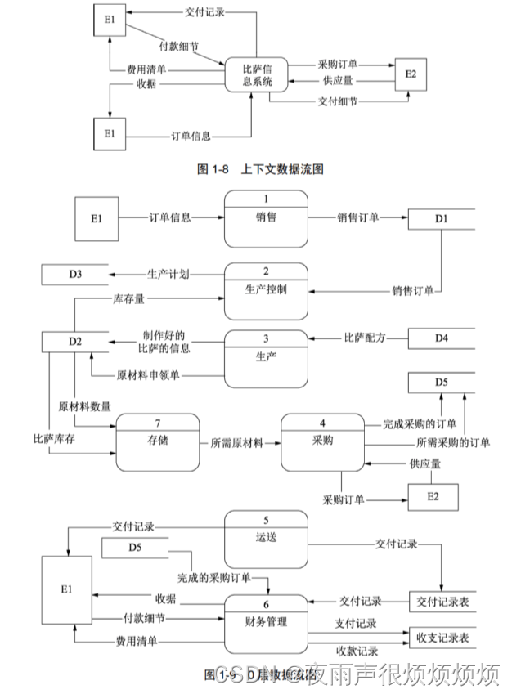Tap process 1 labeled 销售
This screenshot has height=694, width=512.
pyautogui.click(x=266, y=218)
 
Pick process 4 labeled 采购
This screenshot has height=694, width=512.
pyautogui.click(x=323, y=441)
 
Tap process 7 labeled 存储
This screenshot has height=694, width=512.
pyautogui.click(x=158, y=441)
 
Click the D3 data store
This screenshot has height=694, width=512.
pyautogui.click(x=74, y=274)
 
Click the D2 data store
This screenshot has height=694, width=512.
pyautogui.click(x=74, y=341)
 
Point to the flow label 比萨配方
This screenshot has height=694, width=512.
pyautogui.click(x=365, y=337)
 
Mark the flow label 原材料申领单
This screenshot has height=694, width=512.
pyautogui.click(x=149, y=375)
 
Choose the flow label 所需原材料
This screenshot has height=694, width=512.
pyautogui.click(x=237, y=442)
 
